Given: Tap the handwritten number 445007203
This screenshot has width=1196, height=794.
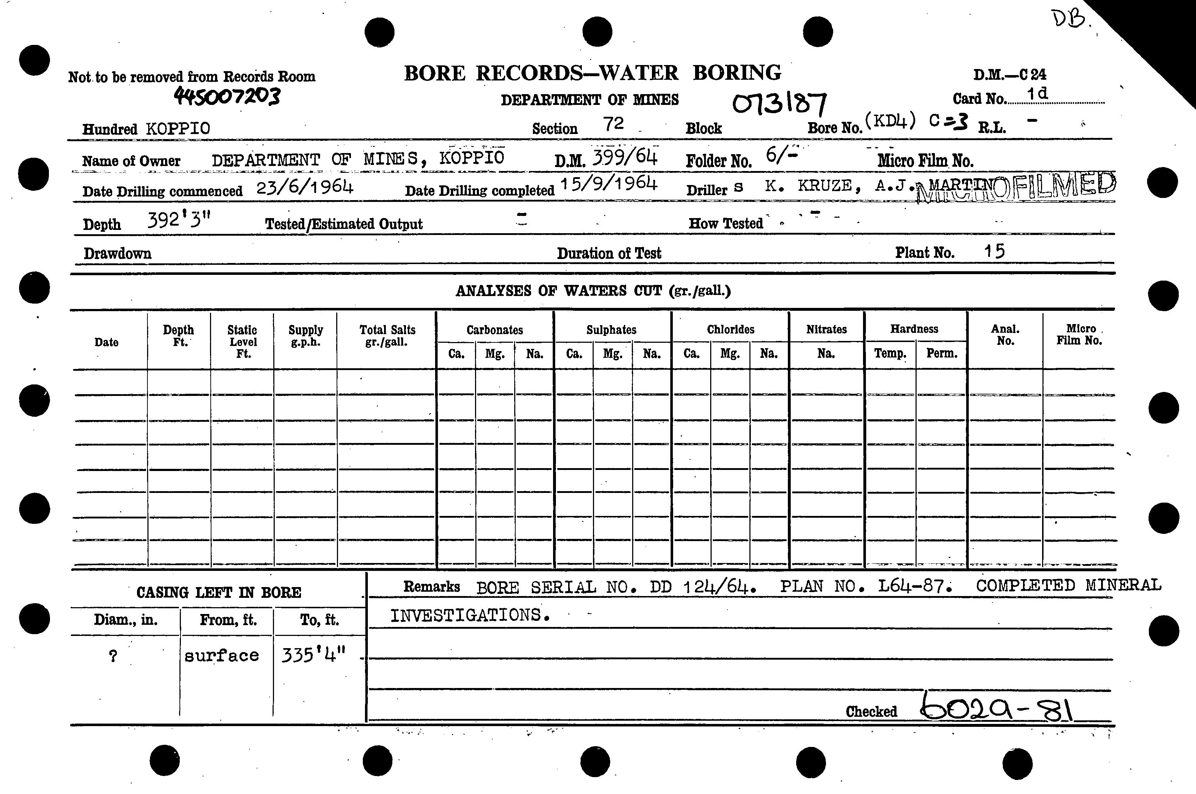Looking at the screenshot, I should click(227, 96).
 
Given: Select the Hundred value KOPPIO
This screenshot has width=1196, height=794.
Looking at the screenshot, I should click(178, 129).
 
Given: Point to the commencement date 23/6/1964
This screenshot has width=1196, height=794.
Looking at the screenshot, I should click(305, 188).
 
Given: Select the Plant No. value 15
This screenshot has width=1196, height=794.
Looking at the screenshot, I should click(994, 251).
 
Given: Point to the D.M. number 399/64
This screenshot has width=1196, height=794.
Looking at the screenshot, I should click(625, 158).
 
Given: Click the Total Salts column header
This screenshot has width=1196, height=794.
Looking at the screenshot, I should click(387, 336).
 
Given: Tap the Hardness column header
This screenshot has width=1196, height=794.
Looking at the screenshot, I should click(914, 329).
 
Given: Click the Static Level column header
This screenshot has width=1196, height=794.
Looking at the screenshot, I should click(242, 341).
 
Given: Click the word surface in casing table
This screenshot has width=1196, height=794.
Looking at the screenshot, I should click(222, 656).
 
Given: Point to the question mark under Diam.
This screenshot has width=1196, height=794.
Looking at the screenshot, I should click(113, 656).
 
